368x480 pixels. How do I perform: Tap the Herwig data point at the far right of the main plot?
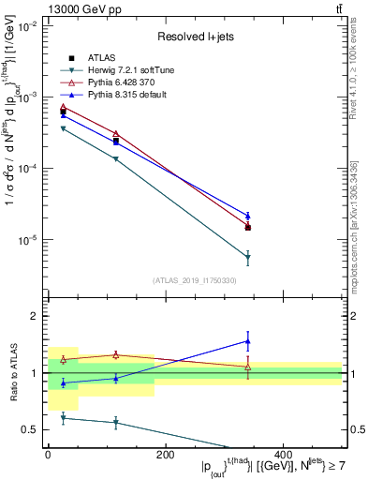[247, 257]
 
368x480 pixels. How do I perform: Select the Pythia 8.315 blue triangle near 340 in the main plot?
[247, 216]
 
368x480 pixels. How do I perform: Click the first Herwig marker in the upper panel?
[63, 128]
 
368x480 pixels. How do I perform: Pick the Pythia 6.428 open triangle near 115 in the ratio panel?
[115, 354]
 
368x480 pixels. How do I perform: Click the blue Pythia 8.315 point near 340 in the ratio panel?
[247, 340]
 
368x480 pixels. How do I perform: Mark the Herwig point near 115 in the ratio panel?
[115, 423]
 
